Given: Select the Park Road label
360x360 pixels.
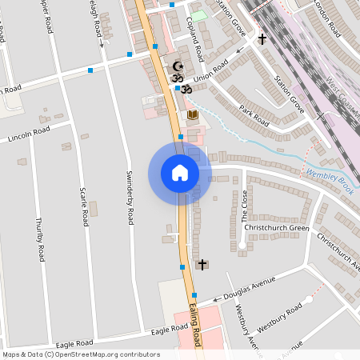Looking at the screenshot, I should [x=252, y=114].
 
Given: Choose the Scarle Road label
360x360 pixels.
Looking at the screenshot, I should [x=82, y=206].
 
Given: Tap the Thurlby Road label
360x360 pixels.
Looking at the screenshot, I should [x=38, y=239].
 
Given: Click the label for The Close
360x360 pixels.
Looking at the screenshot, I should [x=245, y=207].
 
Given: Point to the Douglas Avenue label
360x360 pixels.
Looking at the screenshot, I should [x=249, y=290].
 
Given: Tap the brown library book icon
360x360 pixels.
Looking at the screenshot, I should [x=192, y=116].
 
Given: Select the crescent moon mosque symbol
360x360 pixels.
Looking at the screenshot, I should [x=178, y=66].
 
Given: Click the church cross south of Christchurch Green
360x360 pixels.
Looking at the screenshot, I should [x=202, y=264].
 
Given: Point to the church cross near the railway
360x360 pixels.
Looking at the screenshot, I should [x=262, y=38].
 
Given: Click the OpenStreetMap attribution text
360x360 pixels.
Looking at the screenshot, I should [x=80, y=354].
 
